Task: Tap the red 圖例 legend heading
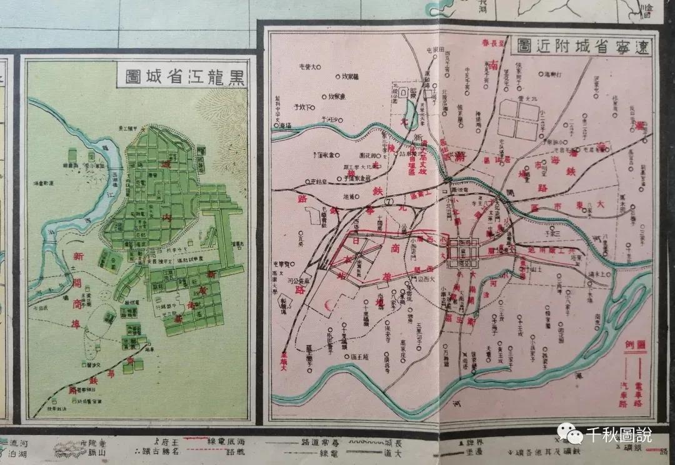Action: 638,345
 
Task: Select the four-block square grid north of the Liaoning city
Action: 518,121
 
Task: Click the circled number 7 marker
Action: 388,201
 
